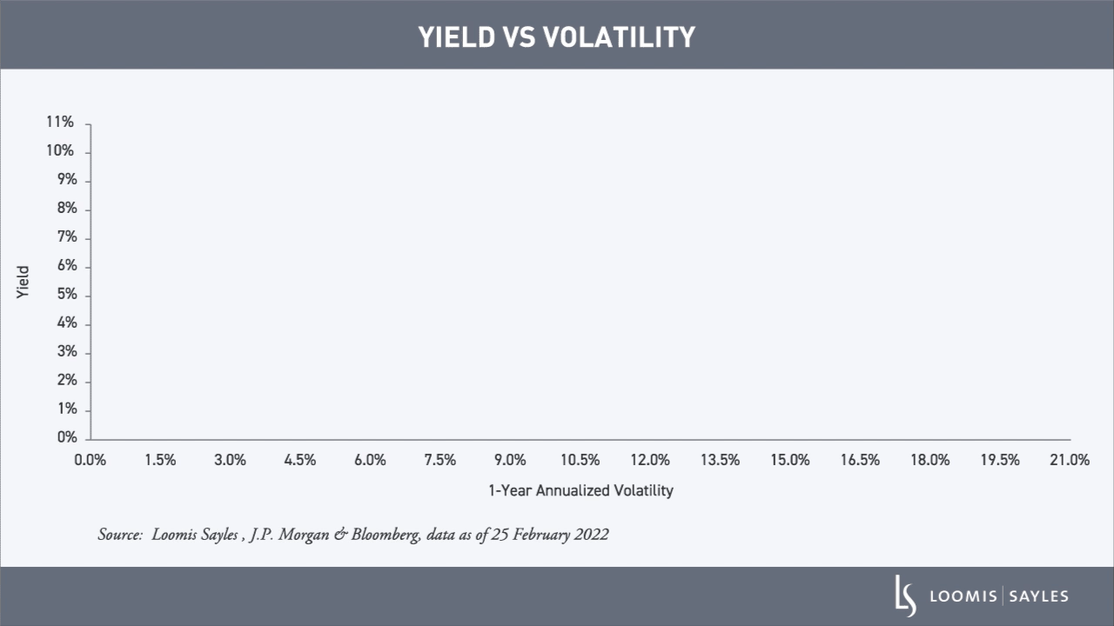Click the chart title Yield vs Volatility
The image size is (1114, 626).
(557, 37)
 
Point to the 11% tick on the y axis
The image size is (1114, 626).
(61, 123)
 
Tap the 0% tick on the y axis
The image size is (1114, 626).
(66, 437)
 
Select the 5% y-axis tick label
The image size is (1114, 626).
(66, 295)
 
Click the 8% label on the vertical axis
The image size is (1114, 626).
(66, 209)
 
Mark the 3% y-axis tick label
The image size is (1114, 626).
(66, 352)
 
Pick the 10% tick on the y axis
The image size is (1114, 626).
(61, 151)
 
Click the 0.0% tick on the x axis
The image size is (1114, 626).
(91, 460)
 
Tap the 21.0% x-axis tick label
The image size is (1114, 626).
(1070, 460)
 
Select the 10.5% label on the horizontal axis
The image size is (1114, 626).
(580, 460)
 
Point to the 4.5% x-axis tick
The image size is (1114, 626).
(300, 460)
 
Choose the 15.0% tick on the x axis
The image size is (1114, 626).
(789, 460)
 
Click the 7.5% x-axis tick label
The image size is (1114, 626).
(440, 460)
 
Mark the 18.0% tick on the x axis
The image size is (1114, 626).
(929, 460)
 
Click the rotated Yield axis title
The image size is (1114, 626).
(23, 283)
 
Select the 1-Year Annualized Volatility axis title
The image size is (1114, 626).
(580, 490)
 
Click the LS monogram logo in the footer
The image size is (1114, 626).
(906, 596)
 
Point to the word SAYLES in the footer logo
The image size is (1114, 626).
(1039, 596)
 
